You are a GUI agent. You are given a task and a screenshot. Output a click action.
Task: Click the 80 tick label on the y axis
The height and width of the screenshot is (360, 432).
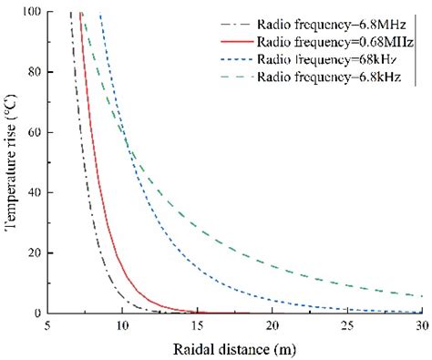[37, 72]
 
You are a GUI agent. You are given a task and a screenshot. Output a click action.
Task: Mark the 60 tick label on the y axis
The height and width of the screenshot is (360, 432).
[37, 132]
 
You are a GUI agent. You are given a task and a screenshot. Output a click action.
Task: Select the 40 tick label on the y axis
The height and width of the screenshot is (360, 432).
[37, 192]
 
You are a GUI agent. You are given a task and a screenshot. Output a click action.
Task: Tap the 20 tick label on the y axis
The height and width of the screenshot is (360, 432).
[37, 252]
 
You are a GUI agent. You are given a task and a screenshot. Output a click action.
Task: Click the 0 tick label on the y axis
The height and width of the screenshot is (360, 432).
[40, 313]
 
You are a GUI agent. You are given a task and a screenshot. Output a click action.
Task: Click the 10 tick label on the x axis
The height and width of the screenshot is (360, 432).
[123, 325]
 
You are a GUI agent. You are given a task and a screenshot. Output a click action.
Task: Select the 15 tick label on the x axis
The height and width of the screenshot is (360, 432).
[198, 325]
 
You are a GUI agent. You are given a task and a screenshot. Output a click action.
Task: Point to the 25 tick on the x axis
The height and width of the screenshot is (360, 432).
[347, 325]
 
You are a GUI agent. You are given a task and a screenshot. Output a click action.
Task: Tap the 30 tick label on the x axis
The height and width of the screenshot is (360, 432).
[420, 325]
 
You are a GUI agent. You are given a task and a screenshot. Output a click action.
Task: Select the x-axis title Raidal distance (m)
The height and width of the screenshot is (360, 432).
[234, 347]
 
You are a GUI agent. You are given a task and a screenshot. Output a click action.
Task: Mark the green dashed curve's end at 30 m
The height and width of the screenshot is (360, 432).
[421, 296]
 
